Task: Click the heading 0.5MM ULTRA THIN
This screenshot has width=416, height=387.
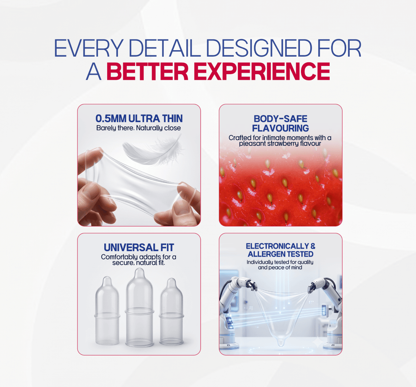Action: tap(139, 118)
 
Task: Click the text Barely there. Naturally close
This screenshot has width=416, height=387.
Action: tap(139, 128)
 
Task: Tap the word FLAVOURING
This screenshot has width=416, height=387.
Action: tap(281, 128)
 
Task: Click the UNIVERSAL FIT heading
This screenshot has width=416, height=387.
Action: tap(139, 248)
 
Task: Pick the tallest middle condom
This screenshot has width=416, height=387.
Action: tap(139, 308)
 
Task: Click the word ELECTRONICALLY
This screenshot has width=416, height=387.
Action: tap(277, 246)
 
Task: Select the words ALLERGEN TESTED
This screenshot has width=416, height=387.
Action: tap(281, 254)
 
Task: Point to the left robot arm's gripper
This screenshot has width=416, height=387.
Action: tap(252, 285)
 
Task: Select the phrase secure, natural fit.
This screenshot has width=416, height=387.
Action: tap(139, 263)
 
